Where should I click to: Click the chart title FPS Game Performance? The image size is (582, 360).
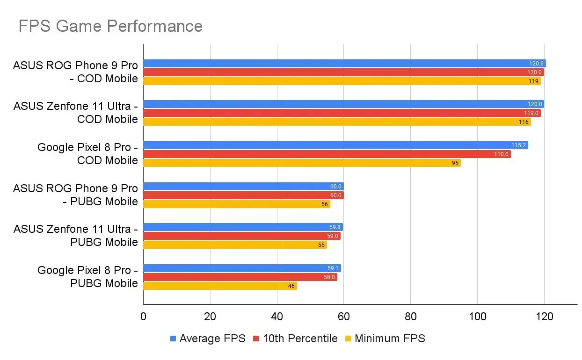[x=110, y=26]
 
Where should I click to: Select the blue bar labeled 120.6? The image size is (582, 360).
[x=344, y=64]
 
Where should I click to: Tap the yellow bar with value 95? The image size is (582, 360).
[x=302, y=163]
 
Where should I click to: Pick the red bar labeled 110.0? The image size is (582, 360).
[x=327, y=154]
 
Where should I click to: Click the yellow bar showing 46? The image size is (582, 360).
[x=220, y=286]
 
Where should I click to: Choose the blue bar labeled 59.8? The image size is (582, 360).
[x=243, y=227]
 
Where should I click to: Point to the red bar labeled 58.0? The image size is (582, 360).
[x=240, y=277]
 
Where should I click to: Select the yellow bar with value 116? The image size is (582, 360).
[x=337, y=122]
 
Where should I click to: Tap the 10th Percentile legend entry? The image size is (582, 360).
[x=295, y=338]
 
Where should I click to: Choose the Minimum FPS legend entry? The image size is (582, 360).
[x=385, y=338]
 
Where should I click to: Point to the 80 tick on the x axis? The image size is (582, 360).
[x=410, y=317]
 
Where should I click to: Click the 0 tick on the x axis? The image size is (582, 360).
[x=143, y=317]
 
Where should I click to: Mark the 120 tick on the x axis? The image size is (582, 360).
[x=544, y=317]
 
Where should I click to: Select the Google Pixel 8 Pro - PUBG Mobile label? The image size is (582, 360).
[x=87, y=277]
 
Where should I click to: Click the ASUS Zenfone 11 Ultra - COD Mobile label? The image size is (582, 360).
[x=76, y=113]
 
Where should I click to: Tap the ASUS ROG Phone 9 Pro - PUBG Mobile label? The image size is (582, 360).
[x=76, y=195]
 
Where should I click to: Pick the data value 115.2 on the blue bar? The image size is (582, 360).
[x=518, y=145]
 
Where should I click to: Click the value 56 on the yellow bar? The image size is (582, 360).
[x=324, y=204]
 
